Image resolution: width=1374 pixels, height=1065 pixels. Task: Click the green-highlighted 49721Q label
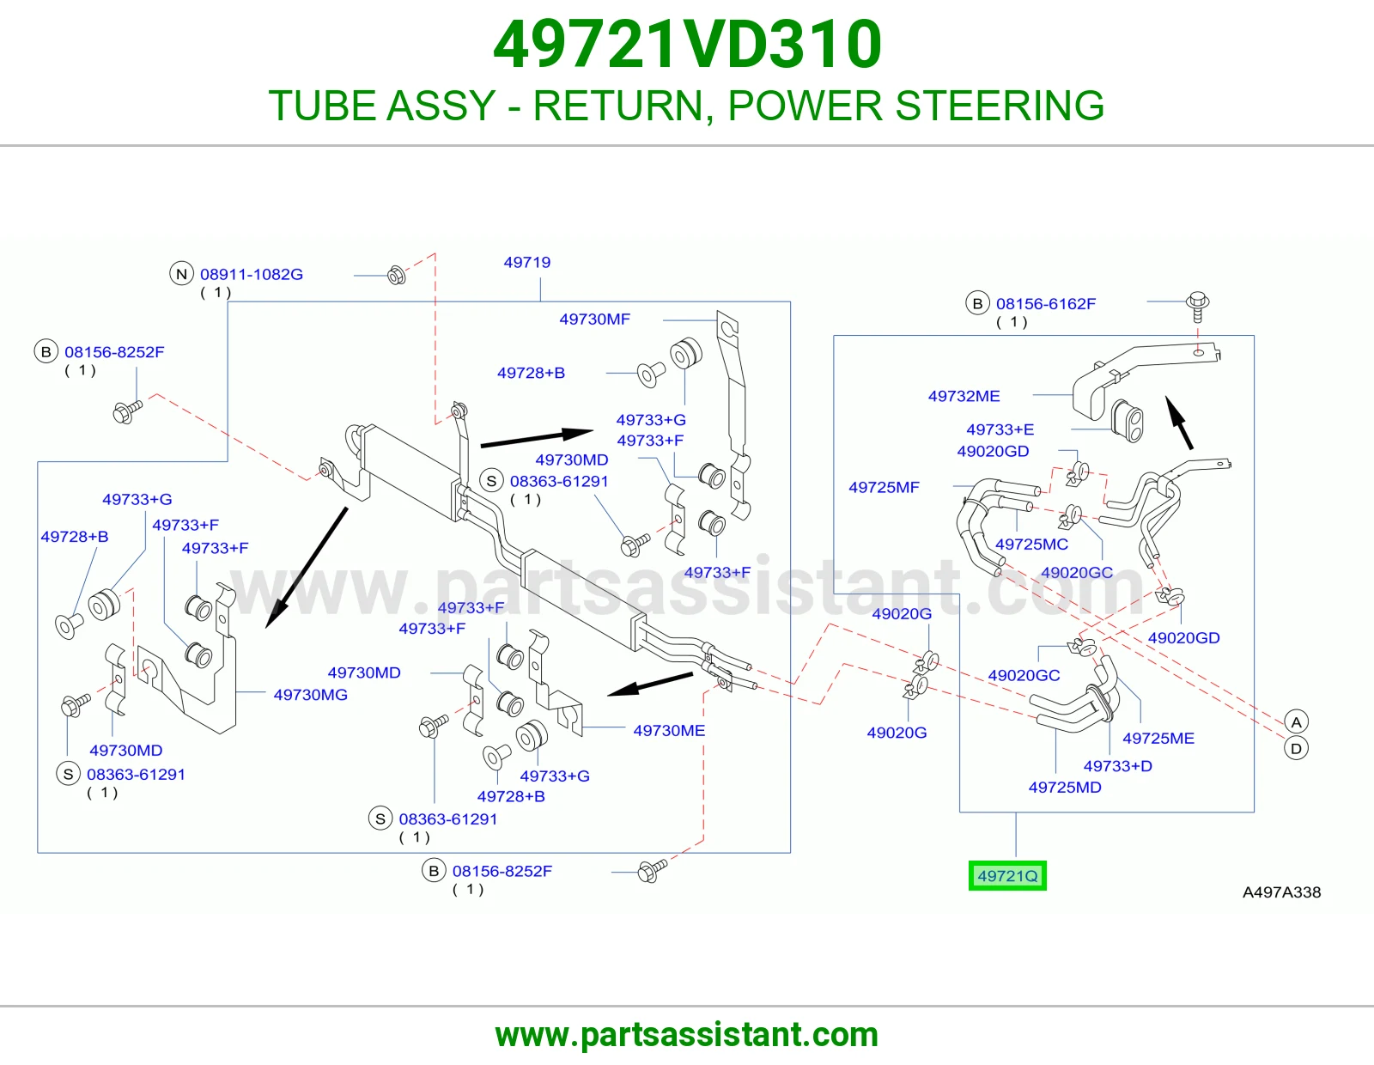point(1007,875)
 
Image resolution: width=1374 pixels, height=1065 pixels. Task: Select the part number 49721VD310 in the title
point(687,45)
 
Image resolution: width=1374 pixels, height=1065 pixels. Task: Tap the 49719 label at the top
point(526,263)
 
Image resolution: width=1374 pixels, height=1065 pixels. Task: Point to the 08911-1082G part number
point(252,275)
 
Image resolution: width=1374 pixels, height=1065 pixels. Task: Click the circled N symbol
point(181,274)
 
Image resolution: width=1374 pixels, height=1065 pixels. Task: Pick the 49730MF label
point(594,319)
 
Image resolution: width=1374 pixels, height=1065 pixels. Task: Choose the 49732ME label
point(964,397)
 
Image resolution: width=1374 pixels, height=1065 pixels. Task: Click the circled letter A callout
point(1296,722)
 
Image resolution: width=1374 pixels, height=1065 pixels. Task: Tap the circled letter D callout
point(1296,749)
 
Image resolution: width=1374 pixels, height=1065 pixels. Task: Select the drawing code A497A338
point(1281,892)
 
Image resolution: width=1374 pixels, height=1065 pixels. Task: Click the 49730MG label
point(311,695)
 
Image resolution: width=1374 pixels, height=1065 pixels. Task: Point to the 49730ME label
point(669,731)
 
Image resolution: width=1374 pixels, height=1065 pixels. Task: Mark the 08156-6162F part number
point(1046,304)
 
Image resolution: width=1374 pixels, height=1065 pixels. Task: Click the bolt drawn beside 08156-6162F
point(1198,307)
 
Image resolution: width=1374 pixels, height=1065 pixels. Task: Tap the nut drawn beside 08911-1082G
point(397,275)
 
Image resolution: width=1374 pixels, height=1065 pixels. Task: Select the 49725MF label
point(884,488)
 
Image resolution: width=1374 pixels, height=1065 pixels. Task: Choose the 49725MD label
point(1065,788)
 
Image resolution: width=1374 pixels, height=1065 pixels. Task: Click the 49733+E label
point(1000,430)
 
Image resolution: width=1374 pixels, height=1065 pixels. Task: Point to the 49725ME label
point(1158,739)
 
